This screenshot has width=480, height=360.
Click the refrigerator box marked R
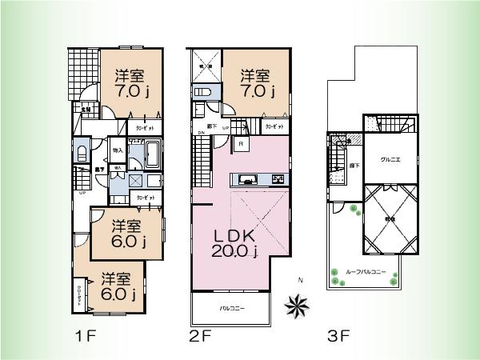[x=241, y=144]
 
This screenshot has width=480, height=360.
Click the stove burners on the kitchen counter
[x=278, y=178]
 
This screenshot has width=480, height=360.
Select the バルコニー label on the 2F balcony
[x=231, y=307]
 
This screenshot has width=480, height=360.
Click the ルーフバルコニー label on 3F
[x=366, y=272]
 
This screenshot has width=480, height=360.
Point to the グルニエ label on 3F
[x=390, y=158]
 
